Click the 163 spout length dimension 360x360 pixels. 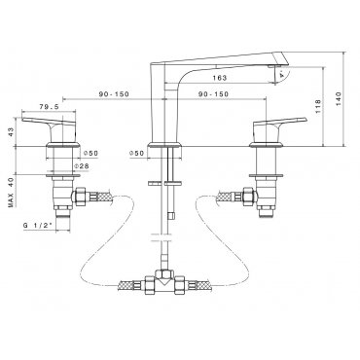pos(220,78)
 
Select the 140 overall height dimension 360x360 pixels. pos(339,99)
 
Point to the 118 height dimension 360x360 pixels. pos(318,106)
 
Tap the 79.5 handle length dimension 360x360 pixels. pos(49,106)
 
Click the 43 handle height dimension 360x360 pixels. pos(12,132)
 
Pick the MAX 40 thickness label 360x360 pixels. pos(12,192)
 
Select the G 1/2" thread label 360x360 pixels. pos(38,226)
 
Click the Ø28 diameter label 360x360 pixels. pos(82,166)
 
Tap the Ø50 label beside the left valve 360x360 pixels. pos(90,153)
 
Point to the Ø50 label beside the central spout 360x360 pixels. pos(136,153)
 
